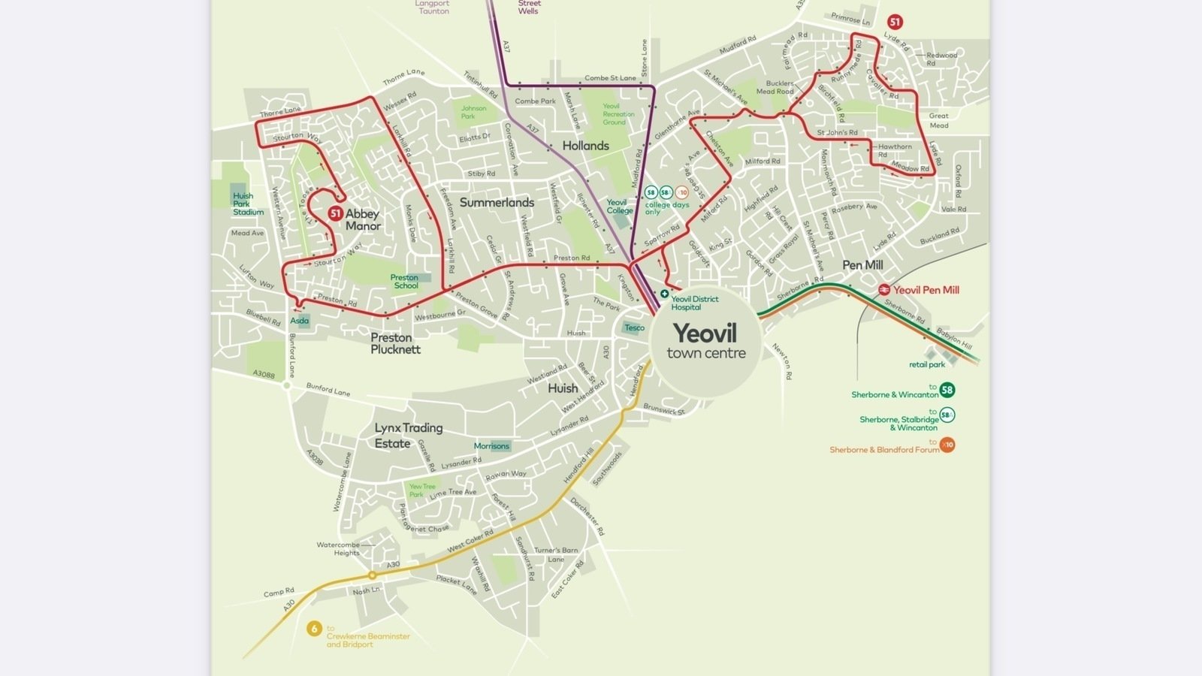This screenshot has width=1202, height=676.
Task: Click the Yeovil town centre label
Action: [x=705, y=341]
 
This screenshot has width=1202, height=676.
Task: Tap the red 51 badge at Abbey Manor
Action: [x=335, y=213]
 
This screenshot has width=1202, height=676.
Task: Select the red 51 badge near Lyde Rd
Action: [x=894, y=22]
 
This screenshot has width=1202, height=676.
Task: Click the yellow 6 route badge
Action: [x=314, y=629]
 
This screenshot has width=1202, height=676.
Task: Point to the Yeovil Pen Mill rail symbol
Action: [x=884, y=290]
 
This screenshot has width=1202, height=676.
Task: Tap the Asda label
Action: [x=299, y=321]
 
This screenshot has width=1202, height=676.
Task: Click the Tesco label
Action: [x=634, y=327]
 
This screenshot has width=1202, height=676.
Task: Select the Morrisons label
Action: [x=491, y=445]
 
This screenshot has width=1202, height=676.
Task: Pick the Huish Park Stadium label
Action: [x=247, y=204]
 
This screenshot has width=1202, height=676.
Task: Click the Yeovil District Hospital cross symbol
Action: [x=664, y=294]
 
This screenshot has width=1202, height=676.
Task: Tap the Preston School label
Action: [x=405, y=282]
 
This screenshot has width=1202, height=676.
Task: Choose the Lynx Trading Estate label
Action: [x=408, y=435]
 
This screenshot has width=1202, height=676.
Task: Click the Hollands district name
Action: [x=585, y=146]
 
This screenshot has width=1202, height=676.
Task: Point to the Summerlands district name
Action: [x=497, y=203]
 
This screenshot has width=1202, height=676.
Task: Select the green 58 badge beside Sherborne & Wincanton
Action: [x=947, y=390]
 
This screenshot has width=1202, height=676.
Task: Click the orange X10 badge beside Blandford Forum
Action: [x=948, y=445]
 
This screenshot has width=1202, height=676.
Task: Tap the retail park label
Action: [x=927, y=364]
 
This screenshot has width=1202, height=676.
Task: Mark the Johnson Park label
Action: [x=473, y=112]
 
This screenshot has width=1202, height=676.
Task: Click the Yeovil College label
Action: [x=619, y=207]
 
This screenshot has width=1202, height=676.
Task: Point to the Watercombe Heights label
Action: [x=338, y=548]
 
